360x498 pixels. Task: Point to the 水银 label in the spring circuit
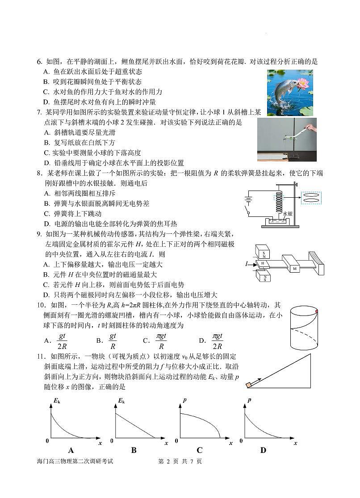288,214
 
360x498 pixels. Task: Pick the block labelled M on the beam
294,269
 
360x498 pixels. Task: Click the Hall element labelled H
263,264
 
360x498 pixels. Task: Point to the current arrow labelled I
248,264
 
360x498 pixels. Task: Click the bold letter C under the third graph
199,450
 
